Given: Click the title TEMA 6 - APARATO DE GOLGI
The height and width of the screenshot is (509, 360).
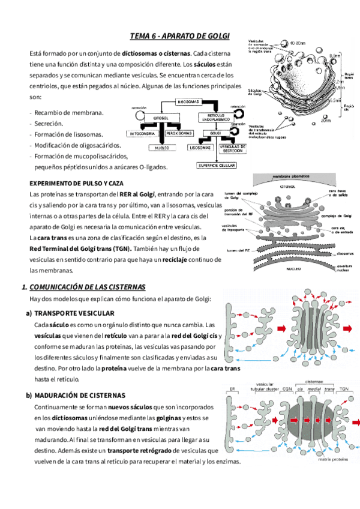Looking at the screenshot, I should click(180, 37).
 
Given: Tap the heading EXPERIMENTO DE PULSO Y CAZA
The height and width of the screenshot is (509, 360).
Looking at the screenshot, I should click(76, 182).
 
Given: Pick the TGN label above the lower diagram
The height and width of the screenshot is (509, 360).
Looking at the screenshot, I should click(346, 388).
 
